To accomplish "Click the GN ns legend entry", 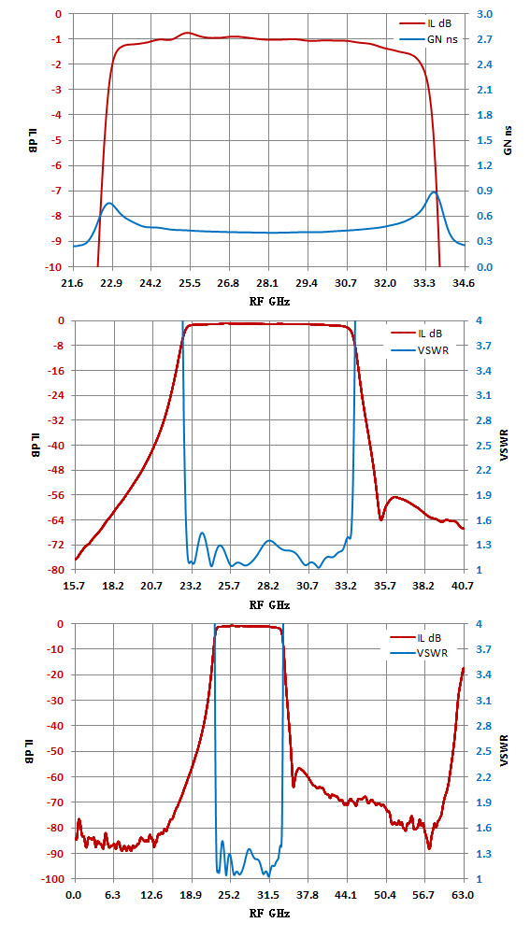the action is (424, 40).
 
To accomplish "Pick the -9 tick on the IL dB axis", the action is (61, 241).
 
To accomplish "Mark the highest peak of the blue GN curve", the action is (434, 192).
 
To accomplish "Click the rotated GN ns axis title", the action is (508, 140).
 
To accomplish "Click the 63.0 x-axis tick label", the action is (464, 895).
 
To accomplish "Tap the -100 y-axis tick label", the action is (56, 880).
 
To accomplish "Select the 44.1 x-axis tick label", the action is (347, 895).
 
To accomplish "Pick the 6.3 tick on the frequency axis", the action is (112, 895).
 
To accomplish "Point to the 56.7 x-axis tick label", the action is (424, 895).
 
